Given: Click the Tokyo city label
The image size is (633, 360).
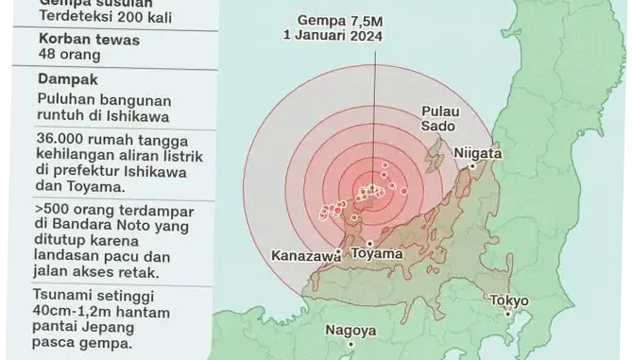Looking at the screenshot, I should (x=509, y=301).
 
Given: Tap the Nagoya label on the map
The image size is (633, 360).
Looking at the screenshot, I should (x=351, y=331).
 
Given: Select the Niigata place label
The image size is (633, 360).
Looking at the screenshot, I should (x=478, y=153).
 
